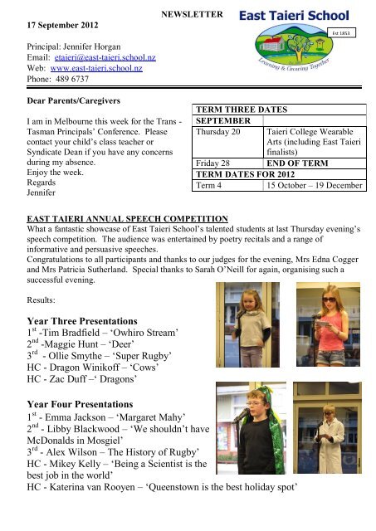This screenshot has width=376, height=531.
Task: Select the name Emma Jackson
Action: click(71, 444)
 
